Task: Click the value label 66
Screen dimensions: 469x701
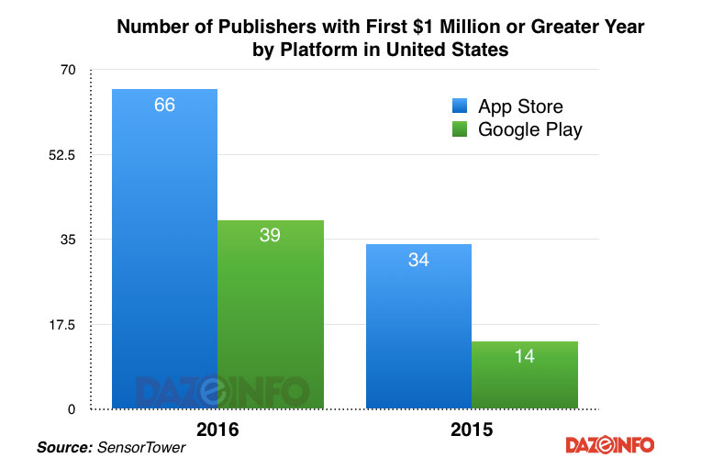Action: [164, 105]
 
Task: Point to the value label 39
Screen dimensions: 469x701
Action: [270, 235]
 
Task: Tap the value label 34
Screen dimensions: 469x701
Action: [418, 260]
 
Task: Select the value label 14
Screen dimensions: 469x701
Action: [524, 357]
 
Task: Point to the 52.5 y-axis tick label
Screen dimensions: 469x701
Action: [62, 155]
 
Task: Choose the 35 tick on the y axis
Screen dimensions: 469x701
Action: [70, 240]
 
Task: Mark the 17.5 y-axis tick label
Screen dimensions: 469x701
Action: [62, 324]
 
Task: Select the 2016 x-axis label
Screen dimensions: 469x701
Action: [218, 429]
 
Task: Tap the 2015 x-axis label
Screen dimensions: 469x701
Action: [471, 429]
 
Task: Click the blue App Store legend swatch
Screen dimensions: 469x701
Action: [460, 106]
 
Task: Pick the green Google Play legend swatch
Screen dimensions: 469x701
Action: [460, 129]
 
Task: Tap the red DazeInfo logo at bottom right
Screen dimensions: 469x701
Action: [609, 445]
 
